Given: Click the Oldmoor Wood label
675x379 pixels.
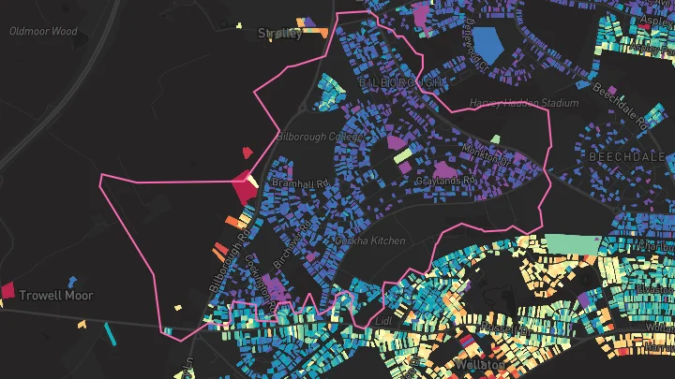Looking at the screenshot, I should [x=43, y=31].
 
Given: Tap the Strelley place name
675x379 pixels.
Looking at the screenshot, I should [x=279, y=34].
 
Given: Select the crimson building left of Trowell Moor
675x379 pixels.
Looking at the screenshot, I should [x=7, y=291].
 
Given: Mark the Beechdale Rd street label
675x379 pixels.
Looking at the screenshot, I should [x=620, y=106].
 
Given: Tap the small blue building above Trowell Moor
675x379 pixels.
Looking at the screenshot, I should [x=72, y=280].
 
